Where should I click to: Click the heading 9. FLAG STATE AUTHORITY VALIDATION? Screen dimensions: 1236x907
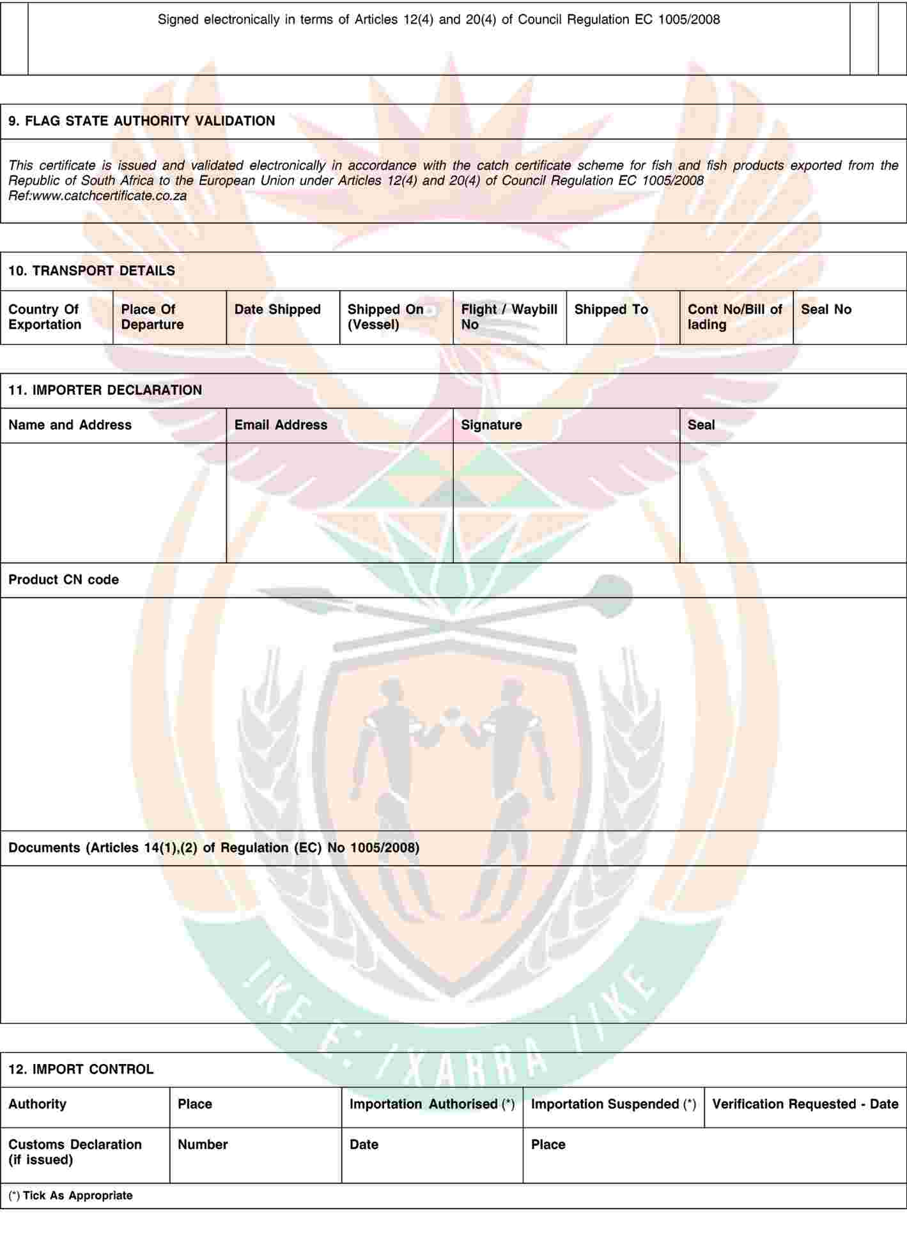(x=141, y=121)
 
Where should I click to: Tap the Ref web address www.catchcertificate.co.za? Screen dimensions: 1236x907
(x=109, y=196)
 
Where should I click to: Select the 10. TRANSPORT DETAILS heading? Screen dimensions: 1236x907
(x=91, y=271)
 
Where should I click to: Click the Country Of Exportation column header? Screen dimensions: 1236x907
(x=45, y=317)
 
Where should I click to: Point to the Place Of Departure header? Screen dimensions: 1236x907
(x=152, y=317)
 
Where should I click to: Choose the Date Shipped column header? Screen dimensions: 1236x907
(x=277, y=310)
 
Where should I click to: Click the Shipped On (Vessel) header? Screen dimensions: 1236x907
(x=385, y=317)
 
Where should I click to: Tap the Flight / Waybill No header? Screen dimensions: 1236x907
(x=509, y=317)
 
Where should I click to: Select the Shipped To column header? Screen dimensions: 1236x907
(x=611, y=310)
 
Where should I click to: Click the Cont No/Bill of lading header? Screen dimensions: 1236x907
(x=734, y=317)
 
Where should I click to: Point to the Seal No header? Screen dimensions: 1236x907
(x=826, y=310)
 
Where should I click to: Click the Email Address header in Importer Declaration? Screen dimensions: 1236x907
(x=281, y=425)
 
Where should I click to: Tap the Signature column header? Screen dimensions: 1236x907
(x=491, y=425)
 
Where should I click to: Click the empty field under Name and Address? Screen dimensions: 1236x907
(x=113, y=503)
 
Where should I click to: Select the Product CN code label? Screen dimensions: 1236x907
(x=63, y=580)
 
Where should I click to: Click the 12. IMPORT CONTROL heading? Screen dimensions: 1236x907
(x=81, y=1069)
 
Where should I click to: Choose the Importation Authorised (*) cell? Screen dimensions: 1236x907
(x=432, y=1104)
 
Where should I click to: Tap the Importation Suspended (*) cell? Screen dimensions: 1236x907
(x=613, y=1104)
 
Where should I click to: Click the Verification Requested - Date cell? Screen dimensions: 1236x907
(x=805, y=1104)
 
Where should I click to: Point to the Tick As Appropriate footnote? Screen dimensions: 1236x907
(x=71, y=1196)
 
